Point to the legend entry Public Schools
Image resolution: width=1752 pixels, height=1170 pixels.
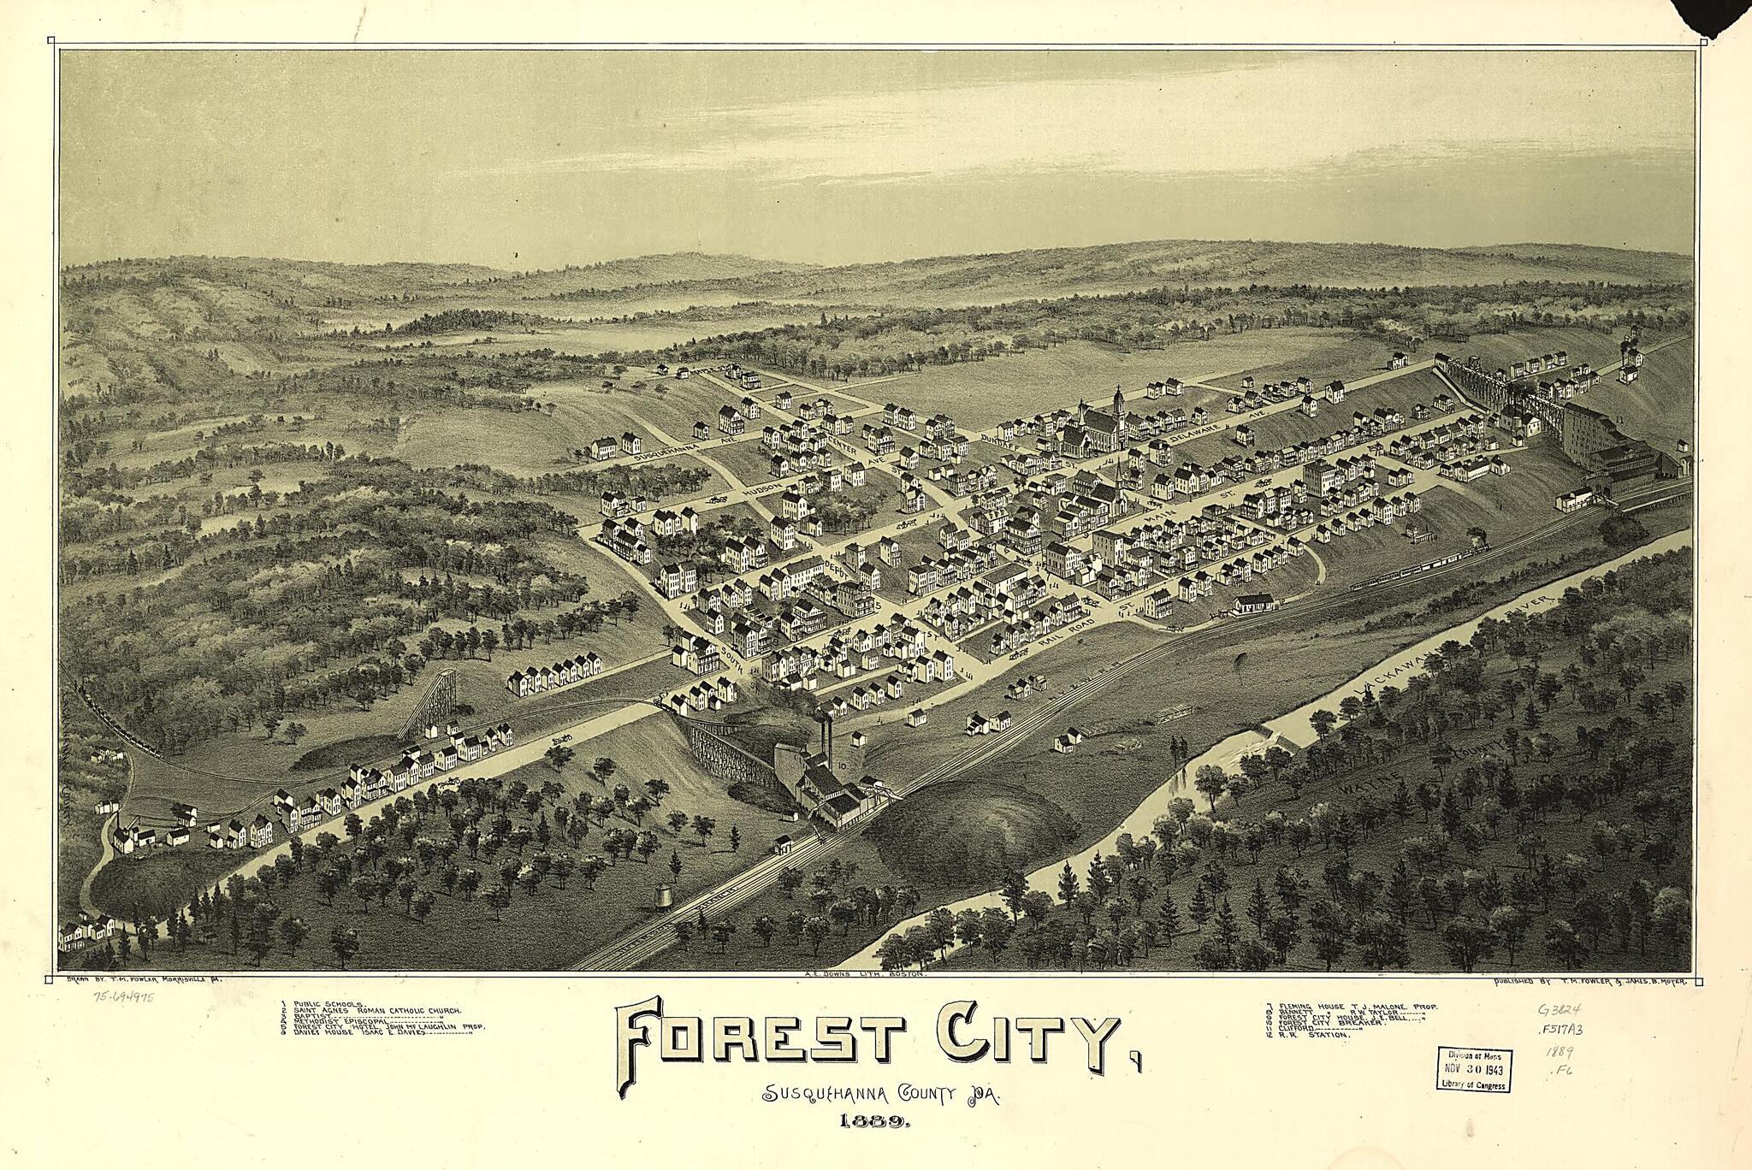coord(328,1002)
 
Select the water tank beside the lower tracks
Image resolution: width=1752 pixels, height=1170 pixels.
coord(663,895)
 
